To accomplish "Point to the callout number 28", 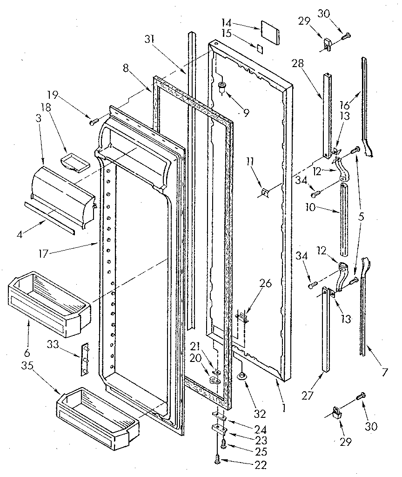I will pos(297,63).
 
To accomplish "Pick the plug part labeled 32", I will pos(242,377).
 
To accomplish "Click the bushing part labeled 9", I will pos(222,87).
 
